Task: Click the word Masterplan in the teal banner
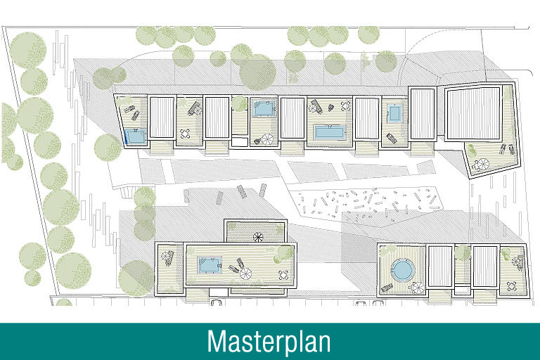pyautogui.click(x=269, y=342)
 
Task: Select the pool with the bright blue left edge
pyautogui.click(x=136, y=137)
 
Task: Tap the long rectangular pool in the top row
pyautogui.click(x=329, y=133)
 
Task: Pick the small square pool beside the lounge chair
pyautogui.click(x=394, y=113)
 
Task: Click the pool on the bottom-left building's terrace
pyautogui.click(x=210, y=265)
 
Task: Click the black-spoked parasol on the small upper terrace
pyautogui.click(x=258, y=237)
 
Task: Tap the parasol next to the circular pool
pyautogui.click(x=418, y=288)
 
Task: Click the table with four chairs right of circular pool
pyautogui.click(x=511, y=286)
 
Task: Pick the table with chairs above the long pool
pyautogui.click(x=345, y=105)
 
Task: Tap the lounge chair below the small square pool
pyautogui.click(x=391, y=139)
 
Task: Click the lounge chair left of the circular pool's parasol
pyautogui.click(x=387, y=288)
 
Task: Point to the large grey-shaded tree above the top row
pyautogui.click(x=257, y=72)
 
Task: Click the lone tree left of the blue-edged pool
pyautogui.click(x=108, y=148)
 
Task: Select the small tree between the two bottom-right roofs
pyautogui.click(x=462, y=252)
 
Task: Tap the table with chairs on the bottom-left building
pyautogui.click(x=283, y=274)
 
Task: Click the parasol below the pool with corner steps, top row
pyautogui.click(x=267, y=139)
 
